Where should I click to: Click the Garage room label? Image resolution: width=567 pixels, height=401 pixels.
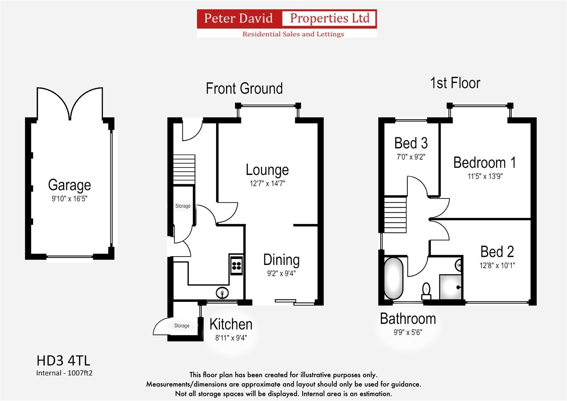(69, 185)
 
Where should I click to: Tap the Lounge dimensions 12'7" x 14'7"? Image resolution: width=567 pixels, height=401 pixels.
(267, 183)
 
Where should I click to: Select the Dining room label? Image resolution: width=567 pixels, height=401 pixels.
(281, 260)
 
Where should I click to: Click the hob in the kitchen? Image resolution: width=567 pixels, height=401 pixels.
(237, 265)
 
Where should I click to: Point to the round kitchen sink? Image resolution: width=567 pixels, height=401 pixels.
(222, 293)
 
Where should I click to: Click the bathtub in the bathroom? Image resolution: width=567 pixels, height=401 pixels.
(394, 278)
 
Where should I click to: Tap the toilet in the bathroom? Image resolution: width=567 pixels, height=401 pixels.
(426, 291)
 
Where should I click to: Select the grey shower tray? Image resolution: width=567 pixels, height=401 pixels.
(450, 287)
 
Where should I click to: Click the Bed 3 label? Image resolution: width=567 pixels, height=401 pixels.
(411, 143)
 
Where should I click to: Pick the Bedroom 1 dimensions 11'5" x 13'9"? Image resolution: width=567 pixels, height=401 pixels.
(485, 176)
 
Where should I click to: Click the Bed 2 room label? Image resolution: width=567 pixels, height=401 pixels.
(497, 252)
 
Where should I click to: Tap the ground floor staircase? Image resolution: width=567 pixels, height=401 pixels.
(184, 169)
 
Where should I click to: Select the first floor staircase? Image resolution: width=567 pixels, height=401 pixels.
(395, 215)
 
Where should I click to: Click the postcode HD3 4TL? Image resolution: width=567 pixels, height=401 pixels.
(63, 361)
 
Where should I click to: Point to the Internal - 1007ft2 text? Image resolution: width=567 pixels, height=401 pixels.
(64, 373)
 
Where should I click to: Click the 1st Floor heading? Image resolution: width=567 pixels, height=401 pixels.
(455, 83)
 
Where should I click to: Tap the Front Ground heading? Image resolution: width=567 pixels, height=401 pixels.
(244, 88)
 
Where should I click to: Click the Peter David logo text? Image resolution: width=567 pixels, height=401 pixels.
(238, 18)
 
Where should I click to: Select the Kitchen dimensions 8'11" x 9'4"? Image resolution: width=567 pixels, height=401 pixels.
(231, 338)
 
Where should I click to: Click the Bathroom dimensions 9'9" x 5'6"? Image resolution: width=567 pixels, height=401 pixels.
(408, 332)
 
